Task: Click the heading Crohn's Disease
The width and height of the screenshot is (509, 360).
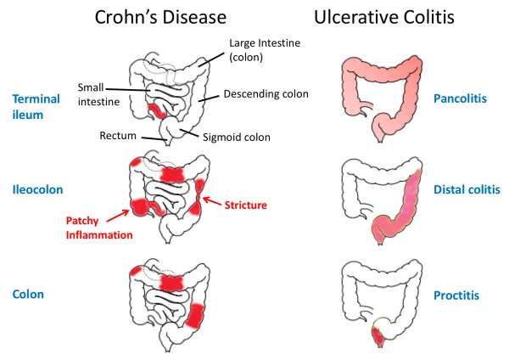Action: (160, 17)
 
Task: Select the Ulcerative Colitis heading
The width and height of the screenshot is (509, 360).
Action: (384, 17)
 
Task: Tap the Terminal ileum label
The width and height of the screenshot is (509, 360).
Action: (36, 107)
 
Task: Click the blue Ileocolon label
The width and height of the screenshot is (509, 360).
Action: (37, 189)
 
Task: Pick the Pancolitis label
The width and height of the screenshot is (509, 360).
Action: (460, 98)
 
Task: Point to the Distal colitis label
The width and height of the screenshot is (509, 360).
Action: (467, 189)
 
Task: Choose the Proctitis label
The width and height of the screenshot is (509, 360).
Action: (456, 295)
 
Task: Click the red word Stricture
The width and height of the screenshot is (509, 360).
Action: (246, 205)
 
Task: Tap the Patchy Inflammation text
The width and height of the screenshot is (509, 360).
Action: (99, 228)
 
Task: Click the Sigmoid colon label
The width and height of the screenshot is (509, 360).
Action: (237, 137)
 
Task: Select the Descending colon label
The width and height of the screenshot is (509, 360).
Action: (266, 94)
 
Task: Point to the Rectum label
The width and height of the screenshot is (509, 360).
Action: (118, 136)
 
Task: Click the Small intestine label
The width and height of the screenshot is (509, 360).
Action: (98, 94)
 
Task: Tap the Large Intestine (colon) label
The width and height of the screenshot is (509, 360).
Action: (265, 50)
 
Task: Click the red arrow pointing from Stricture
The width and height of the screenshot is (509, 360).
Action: (212, 201)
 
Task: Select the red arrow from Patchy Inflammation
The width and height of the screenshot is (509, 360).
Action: (118, 216)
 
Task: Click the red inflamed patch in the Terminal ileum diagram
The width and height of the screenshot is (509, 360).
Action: (157, 110)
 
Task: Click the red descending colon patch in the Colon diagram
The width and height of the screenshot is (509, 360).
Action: (195, 315)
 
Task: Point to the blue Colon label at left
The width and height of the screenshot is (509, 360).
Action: (28, 295)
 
